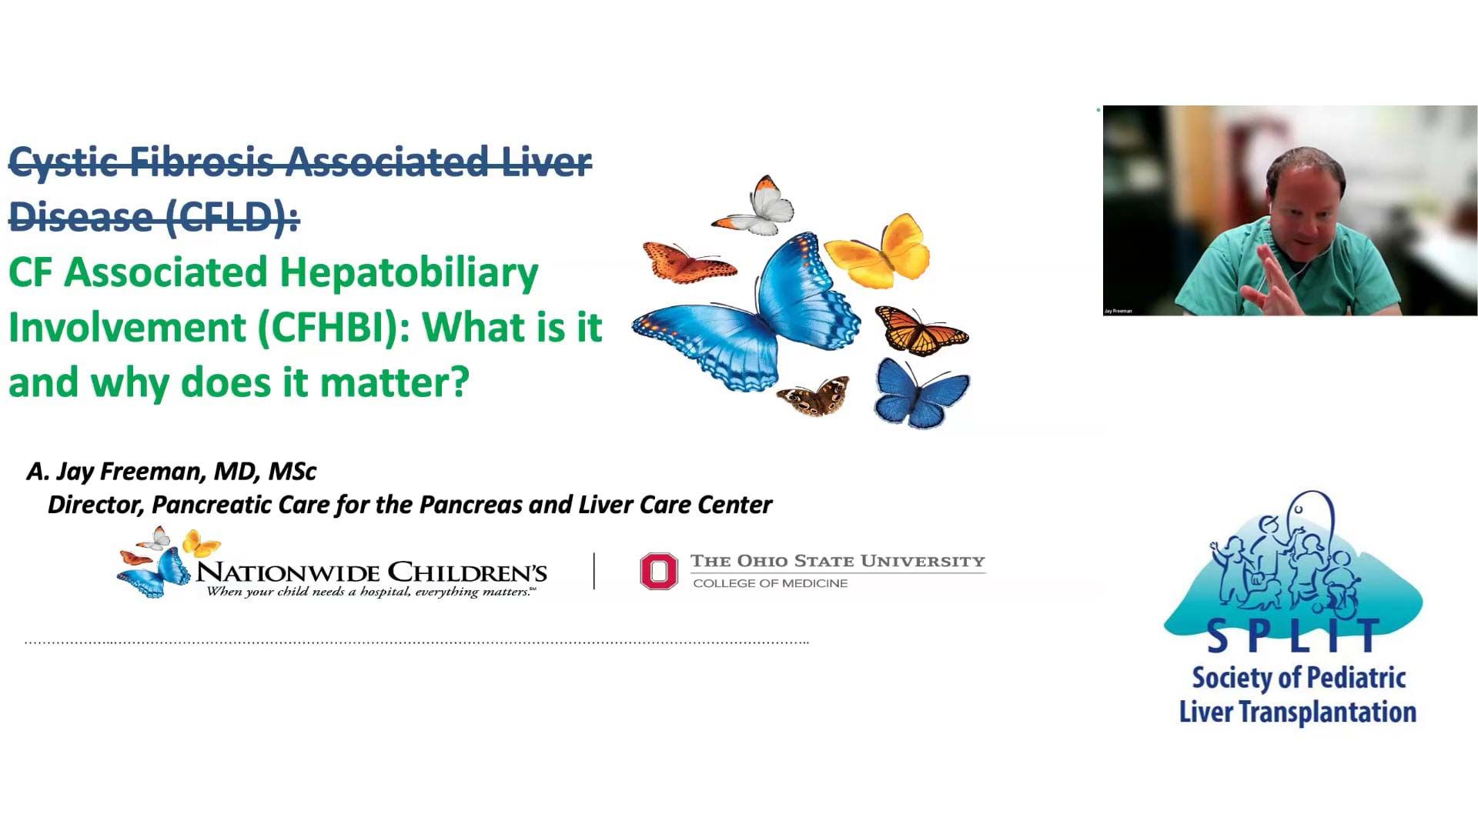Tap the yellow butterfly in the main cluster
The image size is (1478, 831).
coord(879,251)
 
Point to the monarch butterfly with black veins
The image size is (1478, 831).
coord(921,330)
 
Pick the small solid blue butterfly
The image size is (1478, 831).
coord(921,393)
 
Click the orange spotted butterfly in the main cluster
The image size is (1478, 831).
coord(687,262)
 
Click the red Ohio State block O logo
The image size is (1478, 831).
coord(659,572)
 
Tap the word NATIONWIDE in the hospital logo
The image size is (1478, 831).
coord(289,572)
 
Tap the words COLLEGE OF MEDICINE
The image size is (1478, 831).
coord(771,583)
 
